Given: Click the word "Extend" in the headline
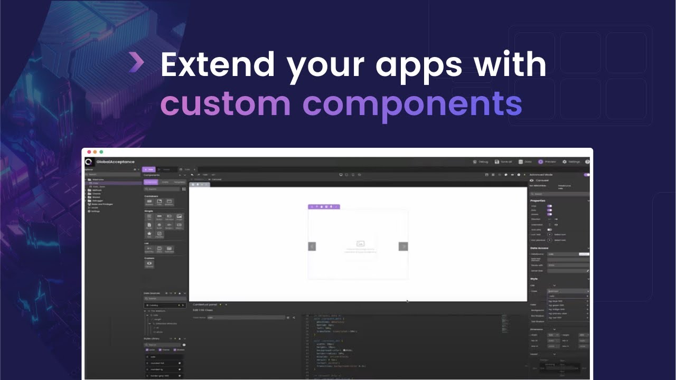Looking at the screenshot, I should [x=217, y=64].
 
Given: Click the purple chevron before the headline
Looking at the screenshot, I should [x=136, y=63].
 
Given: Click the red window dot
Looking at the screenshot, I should [x=89, y=152].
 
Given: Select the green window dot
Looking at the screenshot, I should [x=101, y=152].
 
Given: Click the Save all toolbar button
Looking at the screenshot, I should [x=503, y=162].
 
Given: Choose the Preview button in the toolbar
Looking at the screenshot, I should [x=547, y=162].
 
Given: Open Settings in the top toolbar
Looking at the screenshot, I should [x=571, y=162].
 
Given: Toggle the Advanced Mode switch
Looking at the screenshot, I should [x=586, y=174].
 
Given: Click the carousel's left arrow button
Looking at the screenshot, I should [x=312, y=246].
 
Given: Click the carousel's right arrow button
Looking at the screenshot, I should [x=403, y=246].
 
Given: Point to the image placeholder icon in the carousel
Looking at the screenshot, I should [x=361, y=243].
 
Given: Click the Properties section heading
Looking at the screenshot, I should [x=538, y=201].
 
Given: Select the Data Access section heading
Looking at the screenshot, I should [x=539, y=248].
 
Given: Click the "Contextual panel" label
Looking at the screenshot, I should [x=205, y=305].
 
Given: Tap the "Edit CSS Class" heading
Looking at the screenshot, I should [x=203, y=310].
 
